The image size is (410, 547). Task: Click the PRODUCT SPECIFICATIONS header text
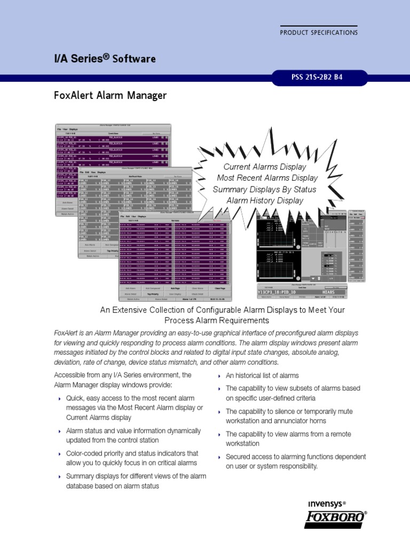point(319,33)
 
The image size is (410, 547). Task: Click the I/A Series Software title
point(105,58)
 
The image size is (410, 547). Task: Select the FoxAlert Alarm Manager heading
point(111,96)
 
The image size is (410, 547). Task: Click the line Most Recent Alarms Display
point(267,178)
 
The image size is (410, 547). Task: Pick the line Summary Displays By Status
point(264,190)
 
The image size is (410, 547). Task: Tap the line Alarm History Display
point(265,201)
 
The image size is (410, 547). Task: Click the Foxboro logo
point(336,519)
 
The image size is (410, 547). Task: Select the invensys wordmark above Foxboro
point(325,504)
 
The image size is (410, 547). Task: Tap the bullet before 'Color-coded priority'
point(59,454)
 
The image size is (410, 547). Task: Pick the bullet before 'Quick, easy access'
point(59,399)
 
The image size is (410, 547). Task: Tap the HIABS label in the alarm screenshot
point(324,293)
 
